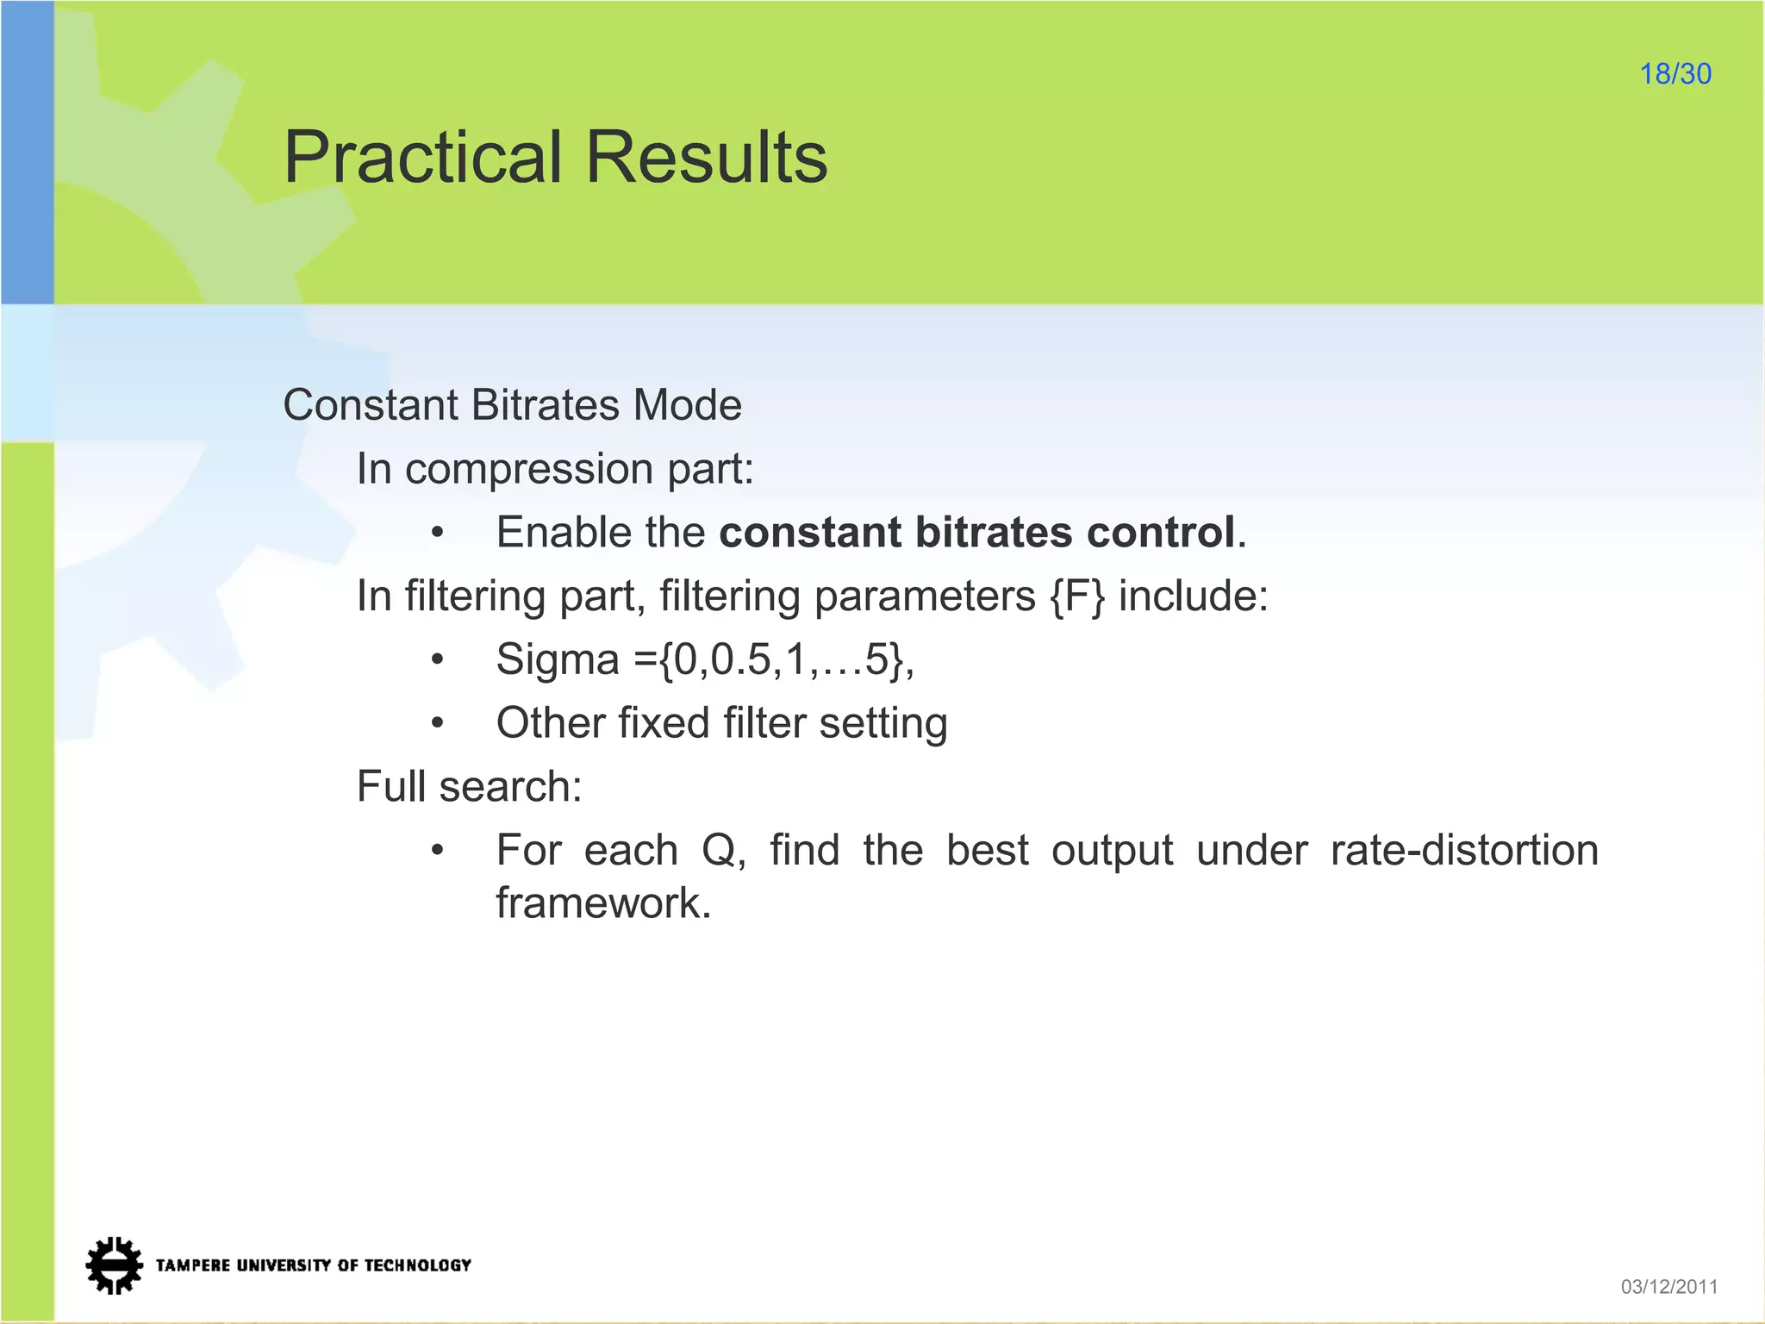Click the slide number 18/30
tap(1675, 74)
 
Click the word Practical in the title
tap(422, 158)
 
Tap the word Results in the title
tap(707, 158)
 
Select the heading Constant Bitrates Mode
tap(512, 405)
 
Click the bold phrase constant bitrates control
tap(977, 532)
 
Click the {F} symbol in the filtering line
tap(1076, 596)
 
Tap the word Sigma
tap(558, 660)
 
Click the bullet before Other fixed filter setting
tap(438, 724)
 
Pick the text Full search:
tap(470, 787)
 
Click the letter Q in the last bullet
tap(719, 851)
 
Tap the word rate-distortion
tap(1464, 851)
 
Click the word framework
tap(603, 903)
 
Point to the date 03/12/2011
tap(1668, 1287)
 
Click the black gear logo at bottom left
tap(114, 1265)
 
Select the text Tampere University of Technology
tap(313, 1265)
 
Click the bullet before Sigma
tap(438, 660)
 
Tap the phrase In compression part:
tap(555, 469)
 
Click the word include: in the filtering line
tap(1193, 596)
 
